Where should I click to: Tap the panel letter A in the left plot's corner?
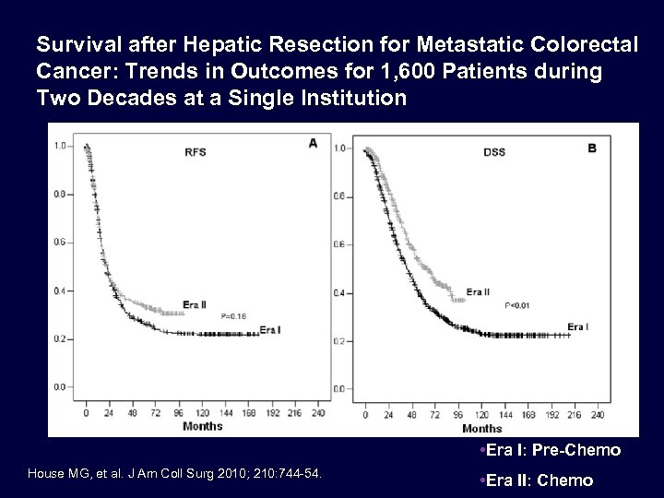[313, 142]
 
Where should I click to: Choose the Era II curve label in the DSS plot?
[479, 293]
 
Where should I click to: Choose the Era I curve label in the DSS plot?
[578, 326]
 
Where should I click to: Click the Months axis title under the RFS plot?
[196, 426]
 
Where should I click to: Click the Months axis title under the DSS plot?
[481, 429]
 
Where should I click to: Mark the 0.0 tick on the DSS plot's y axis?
[340, 389]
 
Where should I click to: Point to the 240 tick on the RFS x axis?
[319, 411]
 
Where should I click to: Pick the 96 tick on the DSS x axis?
[456, 414]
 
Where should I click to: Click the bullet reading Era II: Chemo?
[538, 480]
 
